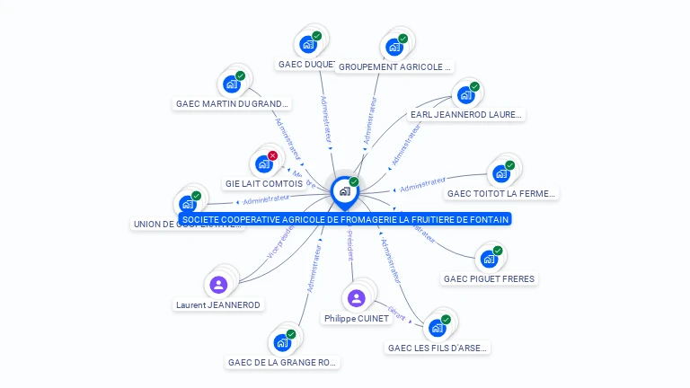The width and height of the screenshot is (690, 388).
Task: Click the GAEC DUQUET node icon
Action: click(308, 44)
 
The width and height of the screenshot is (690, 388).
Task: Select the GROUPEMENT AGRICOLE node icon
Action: click(394, 47)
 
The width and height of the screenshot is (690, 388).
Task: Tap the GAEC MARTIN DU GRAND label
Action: click(233, 103)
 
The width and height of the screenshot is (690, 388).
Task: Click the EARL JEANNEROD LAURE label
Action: click(465, 114)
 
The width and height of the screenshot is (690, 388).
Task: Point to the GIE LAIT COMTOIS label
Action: click(264, 183)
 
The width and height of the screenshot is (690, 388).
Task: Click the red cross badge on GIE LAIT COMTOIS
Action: click(272, 155)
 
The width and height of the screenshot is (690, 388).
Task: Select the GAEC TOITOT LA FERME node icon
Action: click(501, 173)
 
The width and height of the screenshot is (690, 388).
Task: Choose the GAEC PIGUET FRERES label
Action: click(489, 278)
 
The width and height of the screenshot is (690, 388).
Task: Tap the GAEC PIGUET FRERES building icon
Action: click(490, 259)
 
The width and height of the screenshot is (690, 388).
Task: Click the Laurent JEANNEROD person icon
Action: click(218, 285)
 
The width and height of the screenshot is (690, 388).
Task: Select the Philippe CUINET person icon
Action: click(357, 298)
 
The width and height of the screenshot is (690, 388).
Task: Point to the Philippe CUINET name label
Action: click(357, 318)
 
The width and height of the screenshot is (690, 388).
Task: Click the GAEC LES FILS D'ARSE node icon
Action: click(438, 327)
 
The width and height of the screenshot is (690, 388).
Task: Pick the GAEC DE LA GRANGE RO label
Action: click(282, 363)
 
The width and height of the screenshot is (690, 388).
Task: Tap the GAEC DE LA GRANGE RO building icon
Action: click(282, 342)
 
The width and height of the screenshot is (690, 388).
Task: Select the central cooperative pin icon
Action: click(344, 190)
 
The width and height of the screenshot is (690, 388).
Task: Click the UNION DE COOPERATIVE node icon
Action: click(188, 204)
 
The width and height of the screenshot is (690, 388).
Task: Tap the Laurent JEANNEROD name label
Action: click(218, 304)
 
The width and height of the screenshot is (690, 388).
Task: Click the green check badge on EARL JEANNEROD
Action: click(474, 87)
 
